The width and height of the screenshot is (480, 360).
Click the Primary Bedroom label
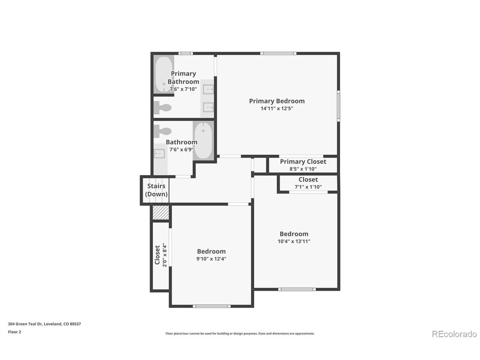pyautogui.click(x=277, y=101)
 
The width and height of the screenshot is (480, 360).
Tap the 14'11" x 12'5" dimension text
pyautogui.click(x=277, y=108)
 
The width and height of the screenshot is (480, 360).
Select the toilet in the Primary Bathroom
pyautogui.click(x=162, y=108)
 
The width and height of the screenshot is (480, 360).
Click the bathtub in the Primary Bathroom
pyautogui.click(x=164, y=75)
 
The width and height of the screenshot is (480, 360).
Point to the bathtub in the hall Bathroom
pyautogui.click(x=203, y=141)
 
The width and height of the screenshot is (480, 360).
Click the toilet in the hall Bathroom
pyautogui.click(x=162, y=131)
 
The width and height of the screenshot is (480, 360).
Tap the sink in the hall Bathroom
pyautogui.click(x=159, y=154)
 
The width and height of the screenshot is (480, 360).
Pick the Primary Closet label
pyautogui.click(x=303, y=162)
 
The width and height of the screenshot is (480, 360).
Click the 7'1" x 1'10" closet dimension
pyautogui.click(x=308, y=187)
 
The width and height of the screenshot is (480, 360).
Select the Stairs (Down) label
pyautogui.click(x=156, y=190)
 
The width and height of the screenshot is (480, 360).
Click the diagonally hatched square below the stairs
pyautogui.click(x=161, y=212)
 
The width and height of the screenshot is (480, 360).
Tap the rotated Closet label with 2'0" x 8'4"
pyautogui.click(x=161, y=255)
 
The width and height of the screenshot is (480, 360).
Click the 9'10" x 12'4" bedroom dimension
pyautogui.click(x=211, y=259)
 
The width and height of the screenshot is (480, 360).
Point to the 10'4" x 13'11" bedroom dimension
pyautogui.click(x=294, y=241)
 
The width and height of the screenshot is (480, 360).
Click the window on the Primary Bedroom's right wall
pyautogui.click(x=338, y=106)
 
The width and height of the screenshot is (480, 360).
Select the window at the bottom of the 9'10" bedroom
pyautogui.click(x=211, y=306)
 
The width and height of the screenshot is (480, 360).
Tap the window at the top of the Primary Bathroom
pyautogui.click(x=186, y=53)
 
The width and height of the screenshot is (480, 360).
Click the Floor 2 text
pyautogui.click(x=14, y=332)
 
